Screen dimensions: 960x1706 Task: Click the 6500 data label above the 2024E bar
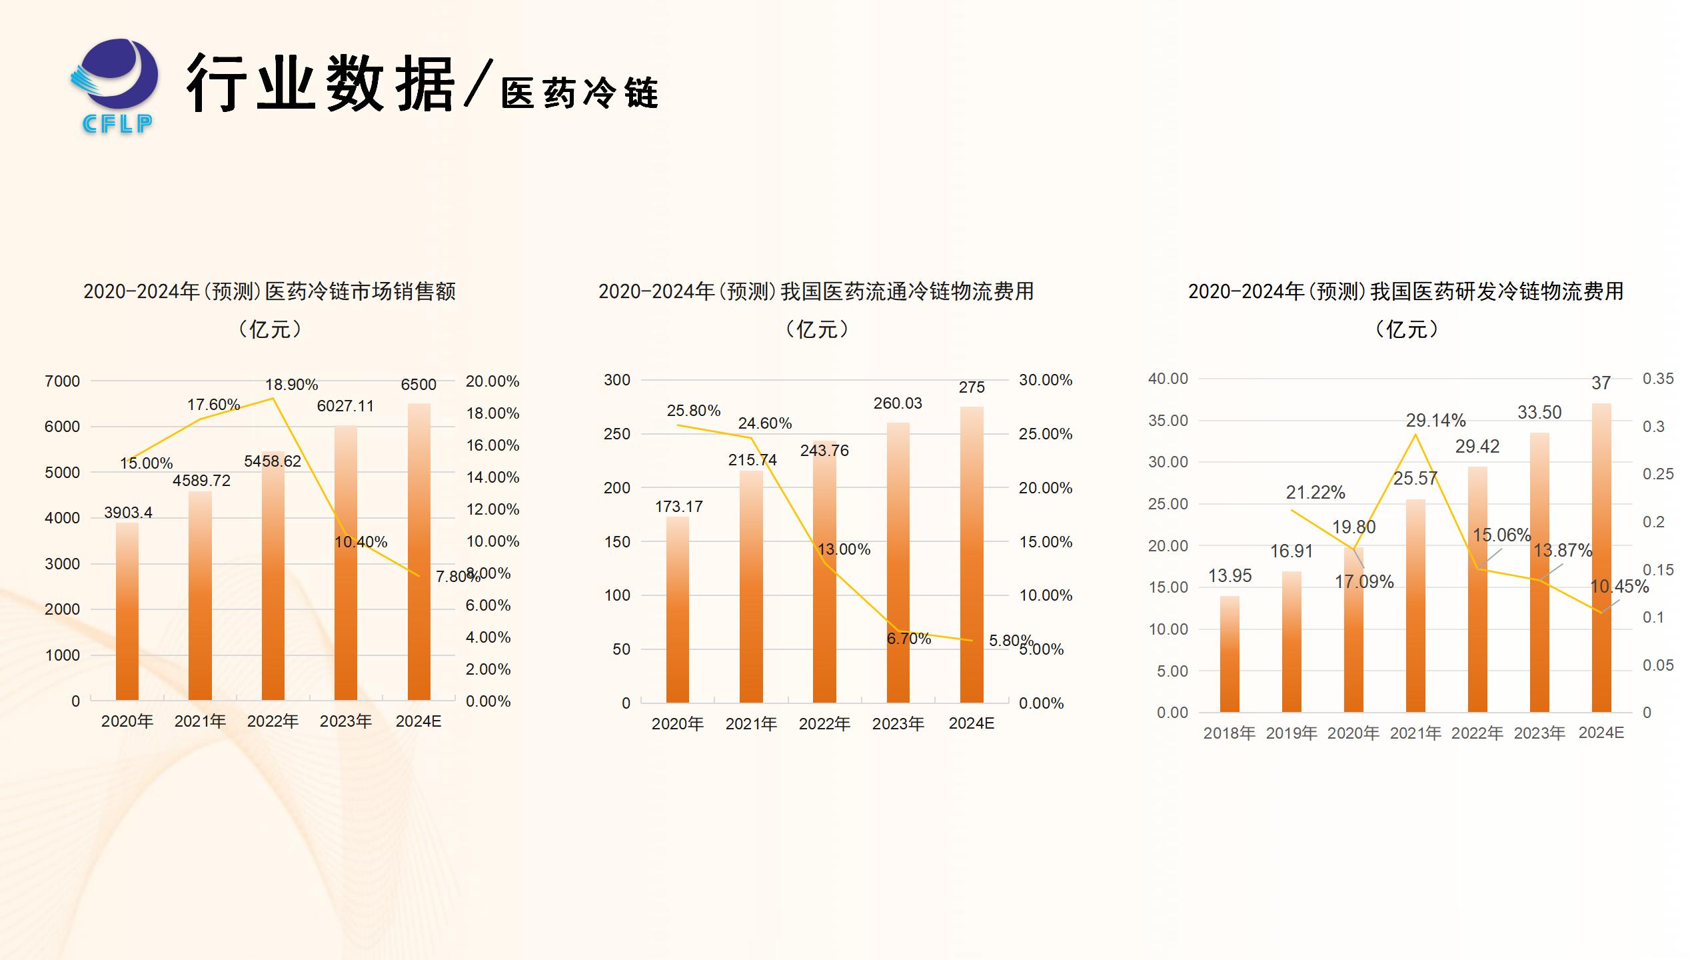(419, 385)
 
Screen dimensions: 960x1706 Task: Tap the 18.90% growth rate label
(291, 385)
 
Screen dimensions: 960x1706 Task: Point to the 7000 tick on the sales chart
(62, 381)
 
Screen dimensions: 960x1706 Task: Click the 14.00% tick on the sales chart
(492, 477)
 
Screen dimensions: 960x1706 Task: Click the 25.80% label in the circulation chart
(694, 411)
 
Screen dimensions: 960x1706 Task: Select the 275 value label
(972, 387)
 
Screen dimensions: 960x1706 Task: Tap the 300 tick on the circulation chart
(616, 380)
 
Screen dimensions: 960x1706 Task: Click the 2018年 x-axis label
(1230, 733)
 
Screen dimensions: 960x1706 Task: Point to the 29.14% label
(1435, 421)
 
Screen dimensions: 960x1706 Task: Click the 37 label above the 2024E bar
(1601, 383)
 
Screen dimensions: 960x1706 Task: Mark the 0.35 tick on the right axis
(1658, 379)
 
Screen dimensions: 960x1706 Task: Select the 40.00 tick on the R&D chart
(1168, 379)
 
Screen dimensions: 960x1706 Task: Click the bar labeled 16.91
(1291, 641)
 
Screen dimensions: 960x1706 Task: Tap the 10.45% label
(1619, 587)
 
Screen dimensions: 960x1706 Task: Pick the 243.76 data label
(824, 451)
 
